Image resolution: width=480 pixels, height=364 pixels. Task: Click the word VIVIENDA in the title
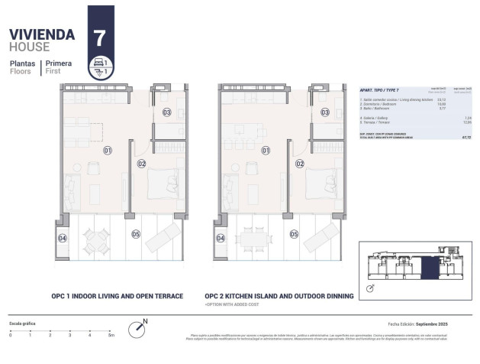point(41,34)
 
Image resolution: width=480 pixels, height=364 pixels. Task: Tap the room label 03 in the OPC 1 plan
point(167,112)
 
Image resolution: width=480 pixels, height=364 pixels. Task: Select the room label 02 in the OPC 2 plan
point(299,164)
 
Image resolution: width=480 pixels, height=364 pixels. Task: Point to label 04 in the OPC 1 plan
point(63,239)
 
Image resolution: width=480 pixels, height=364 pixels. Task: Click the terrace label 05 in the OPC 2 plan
point(294,235)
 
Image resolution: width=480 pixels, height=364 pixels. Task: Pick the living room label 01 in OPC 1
point(108,151)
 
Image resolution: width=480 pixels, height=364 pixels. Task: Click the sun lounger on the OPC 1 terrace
point(163,239)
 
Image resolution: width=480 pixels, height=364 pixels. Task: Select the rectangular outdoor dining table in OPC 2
point(253,239)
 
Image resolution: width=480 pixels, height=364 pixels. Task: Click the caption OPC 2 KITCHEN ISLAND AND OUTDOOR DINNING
point(279,296)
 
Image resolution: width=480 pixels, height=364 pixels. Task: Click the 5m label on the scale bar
point(111,335)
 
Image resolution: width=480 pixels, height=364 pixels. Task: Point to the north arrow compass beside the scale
point(137,329)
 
